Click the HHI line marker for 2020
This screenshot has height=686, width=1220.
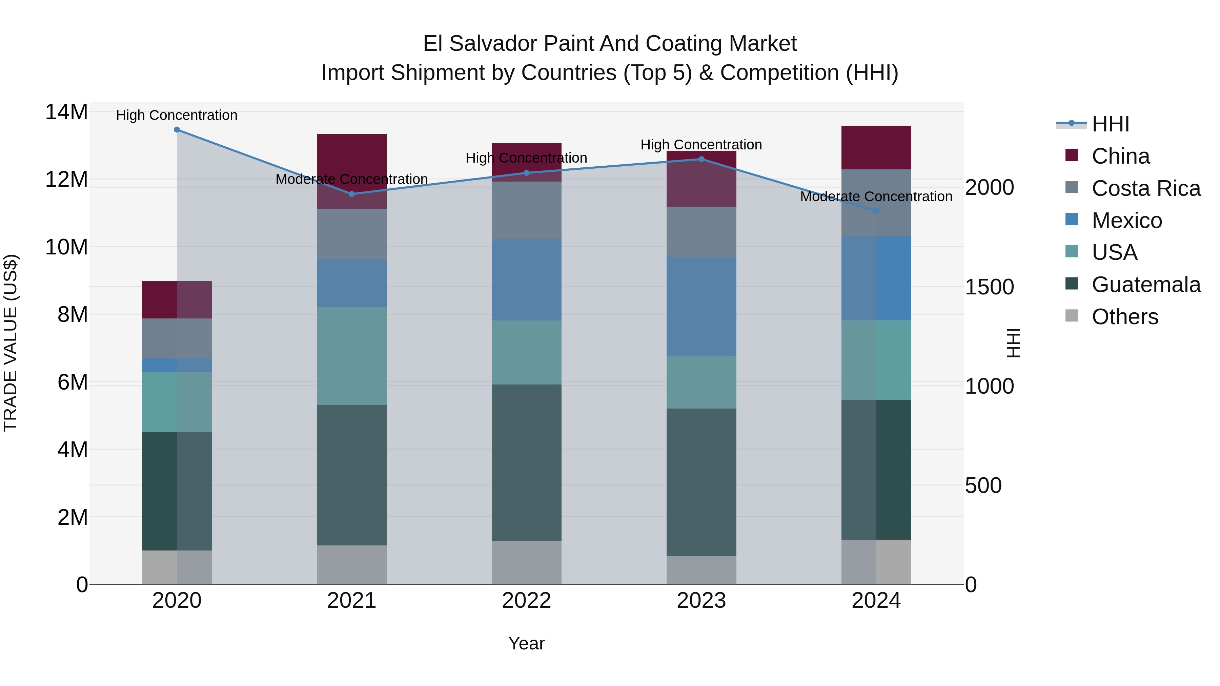pyautogui.click(x=177, y=129)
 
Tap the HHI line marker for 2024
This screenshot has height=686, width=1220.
pyautogui.click(x=876, y=211)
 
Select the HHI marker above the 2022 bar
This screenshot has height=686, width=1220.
pyautogui.click(x=526, y=173)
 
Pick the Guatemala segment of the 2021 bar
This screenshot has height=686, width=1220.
pyautogui.click(x=351, y=475)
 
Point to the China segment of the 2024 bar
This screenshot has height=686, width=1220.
pyautogui.click(x=876, y=147)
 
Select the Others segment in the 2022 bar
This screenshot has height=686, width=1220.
pyautogui.click(x=526, y=562)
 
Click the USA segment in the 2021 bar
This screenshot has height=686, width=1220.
pyautogui.click(x=351, y=356)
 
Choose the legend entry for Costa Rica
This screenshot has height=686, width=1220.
pyautogui.click(x=1146, y=188)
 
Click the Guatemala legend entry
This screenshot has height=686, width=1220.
pyautogui.click(x=1146, y=285)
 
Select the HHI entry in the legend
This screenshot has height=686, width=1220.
pyautogui.click(x=1110, y=124)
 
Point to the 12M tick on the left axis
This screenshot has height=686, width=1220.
pyautogui.click(x=66, y=180)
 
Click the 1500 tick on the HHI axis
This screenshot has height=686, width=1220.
pyautogui.click(x=989, y=287)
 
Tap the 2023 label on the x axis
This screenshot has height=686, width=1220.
pyautogui.click(x=701, y=601)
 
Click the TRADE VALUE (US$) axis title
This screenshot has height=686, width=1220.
pyautogui.click(x=11, y=343)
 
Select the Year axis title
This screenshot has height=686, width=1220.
pyautogui.click(x=526, y=643)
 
